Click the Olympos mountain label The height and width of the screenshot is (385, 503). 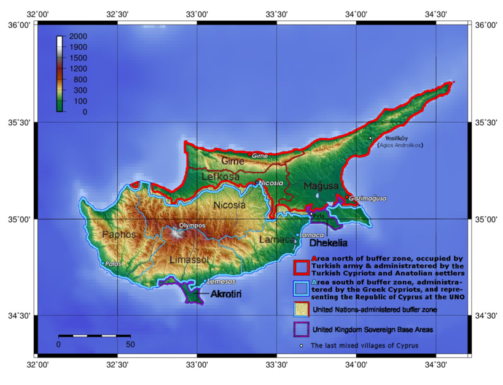coord(192,226)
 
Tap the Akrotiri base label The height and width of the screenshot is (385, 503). coord(225,295)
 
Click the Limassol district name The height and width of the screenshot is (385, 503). coord(189,260)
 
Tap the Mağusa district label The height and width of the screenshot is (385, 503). coord(321,185)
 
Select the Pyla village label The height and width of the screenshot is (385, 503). coord(318,216)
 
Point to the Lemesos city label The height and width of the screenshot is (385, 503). coord(222,281)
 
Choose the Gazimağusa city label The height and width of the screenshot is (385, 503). coord(367,199)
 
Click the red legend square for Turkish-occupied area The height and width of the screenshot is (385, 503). coord(300,267)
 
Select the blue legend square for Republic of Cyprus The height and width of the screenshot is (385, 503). coord(300,288)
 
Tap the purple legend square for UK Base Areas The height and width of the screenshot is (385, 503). coord(300,329)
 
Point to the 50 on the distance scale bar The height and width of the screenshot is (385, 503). coord(130,345)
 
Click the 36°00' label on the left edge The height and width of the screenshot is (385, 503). coord(17,25)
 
